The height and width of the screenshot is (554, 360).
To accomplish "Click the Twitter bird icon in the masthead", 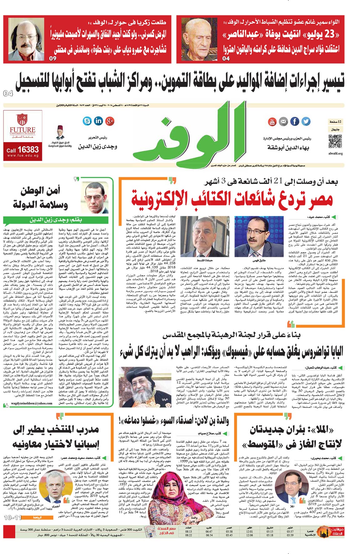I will [306, 122].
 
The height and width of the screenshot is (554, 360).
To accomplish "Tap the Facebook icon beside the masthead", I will [295, 122].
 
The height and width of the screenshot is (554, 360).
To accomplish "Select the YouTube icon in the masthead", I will [272, 122].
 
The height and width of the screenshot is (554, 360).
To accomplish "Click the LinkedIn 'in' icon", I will [98, 121].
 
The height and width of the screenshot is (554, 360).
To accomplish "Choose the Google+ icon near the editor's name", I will [110, 121].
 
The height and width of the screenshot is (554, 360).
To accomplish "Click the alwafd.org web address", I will [335, 153].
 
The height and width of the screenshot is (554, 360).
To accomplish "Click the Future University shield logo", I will [22, 120].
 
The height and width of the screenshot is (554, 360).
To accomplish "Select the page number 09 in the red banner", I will [53, 58].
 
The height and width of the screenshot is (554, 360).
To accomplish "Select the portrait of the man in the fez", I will [60, 132].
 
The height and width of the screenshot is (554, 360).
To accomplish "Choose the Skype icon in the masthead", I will [87, 121].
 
